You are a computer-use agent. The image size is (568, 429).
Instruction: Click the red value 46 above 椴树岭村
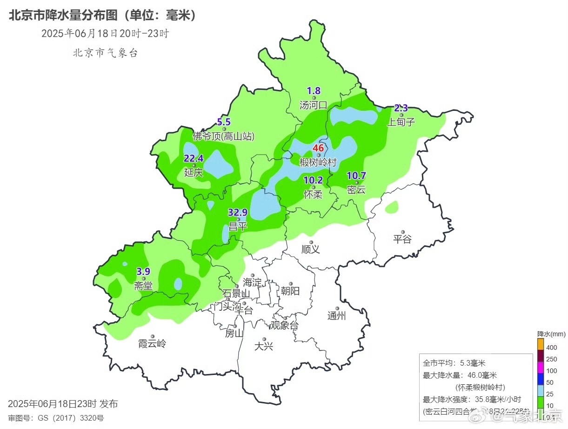tap(318, 148)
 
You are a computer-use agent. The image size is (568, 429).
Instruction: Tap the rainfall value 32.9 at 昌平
tap(237, 212)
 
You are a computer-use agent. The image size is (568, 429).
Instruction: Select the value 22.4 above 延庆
tap(194, 158)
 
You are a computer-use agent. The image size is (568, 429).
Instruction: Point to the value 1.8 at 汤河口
tap(314, 91)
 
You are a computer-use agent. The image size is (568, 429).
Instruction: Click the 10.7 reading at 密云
tap(357, 176)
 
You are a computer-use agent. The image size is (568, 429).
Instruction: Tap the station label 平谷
tap(402, 239)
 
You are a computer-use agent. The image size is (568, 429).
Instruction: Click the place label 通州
tap(337, 316)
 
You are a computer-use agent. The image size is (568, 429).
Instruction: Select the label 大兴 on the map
tap(264, 347)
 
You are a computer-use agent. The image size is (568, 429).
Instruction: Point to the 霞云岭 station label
tap(152, 344)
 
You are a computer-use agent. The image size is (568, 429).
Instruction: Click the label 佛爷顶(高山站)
tap(224, 136)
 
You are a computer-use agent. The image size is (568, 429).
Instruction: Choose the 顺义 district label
tap(310, 249)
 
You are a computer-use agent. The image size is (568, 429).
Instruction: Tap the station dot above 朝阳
tap(291, 284)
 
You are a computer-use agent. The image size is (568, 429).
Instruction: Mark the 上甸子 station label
tap(401, 122)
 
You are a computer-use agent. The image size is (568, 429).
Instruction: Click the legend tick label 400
tap(552, 347)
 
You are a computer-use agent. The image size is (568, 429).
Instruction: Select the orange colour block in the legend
tap(541, 344)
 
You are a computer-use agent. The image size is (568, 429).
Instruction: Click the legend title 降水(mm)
tap(551, 334)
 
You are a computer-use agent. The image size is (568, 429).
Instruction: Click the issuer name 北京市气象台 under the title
tap(105, 53)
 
